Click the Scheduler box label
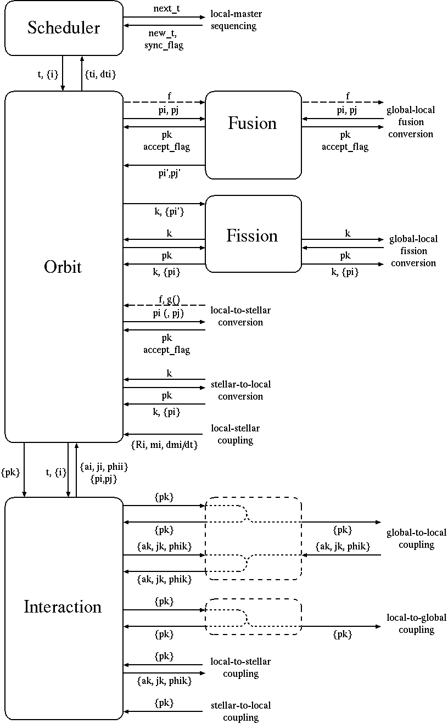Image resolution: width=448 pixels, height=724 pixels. [64, 27]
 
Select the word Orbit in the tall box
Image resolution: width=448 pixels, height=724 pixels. [63, 267]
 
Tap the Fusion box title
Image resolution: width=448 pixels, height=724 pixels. [253, 123]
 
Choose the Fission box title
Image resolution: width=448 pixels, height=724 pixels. [252, 235]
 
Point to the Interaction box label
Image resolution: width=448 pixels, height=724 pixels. [63, 607]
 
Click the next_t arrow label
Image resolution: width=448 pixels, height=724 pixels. [167, 9]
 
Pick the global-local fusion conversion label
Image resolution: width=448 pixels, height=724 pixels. [410, 122]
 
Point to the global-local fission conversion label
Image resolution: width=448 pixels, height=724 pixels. [413, 251]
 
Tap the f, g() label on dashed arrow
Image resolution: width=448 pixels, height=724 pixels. [170, 300]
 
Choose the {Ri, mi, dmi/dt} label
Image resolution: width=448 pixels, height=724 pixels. [164, 445]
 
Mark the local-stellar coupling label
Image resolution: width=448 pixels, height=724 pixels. [235, 434]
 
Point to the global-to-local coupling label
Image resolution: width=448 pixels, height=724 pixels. [416, 538]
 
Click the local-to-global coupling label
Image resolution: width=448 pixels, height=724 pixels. [416, 624]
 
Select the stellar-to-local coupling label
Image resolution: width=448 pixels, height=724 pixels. [240, 711]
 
